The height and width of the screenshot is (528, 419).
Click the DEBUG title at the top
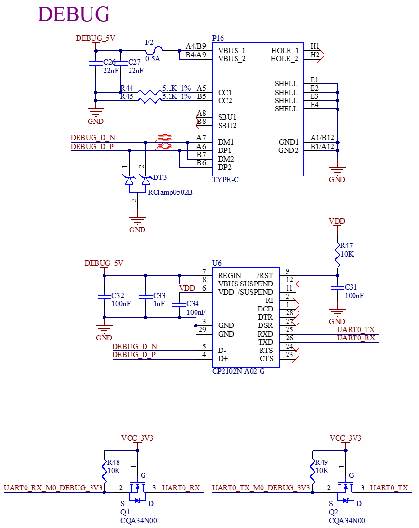tap(74, 14)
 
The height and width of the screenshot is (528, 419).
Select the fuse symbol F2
tap(154, 51)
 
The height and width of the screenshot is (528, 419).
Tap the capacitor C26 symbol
tap(96, 63)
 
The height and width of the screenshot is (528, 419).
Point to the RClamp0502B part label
tap(170, 192)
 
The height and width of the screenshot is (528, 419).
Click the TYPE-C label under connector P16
tap(225, 180)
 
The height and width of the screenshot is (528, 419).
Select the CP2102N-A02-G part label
tap(238, 371)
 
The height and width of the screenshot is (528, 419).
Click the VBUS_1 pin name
tap(231, 51)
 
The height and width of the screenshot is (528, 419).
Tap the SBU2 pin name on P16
tap(227, 125)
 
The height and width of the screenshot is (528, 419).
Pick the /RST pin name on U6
tap(265, 276)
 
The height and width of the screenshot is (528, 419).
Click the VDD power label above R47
tap(337, 221)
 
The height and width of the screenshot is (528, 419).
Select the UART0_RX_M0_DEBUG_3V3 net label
tap(53, 488)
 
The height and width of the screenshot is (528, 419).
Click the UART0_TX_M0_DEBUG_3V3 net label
tap(261, 488)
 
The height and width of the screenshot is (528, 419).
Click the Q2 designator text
tap(333, 512)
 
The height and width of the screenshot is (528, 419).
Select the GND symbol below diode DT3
tap(137, 220)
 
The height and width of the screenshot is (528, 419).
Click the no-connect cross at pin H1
tap(321, 51)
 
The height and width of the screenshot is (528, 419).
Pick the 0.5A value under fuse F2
tap(153, 59)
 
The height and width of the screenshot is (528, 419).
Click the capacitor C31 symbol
tap(337, 288)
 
